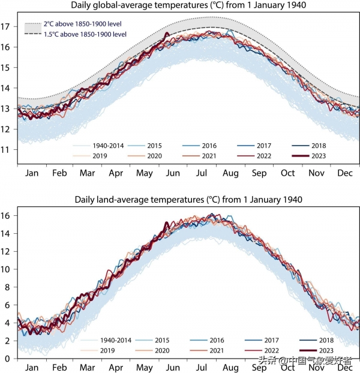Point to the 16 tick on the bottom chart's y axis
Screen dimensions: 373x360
pyautogui.click(x=8, y=215)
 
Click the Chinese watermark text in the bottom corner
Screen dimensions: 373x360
pyautogui.click(x=307, y=361)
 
